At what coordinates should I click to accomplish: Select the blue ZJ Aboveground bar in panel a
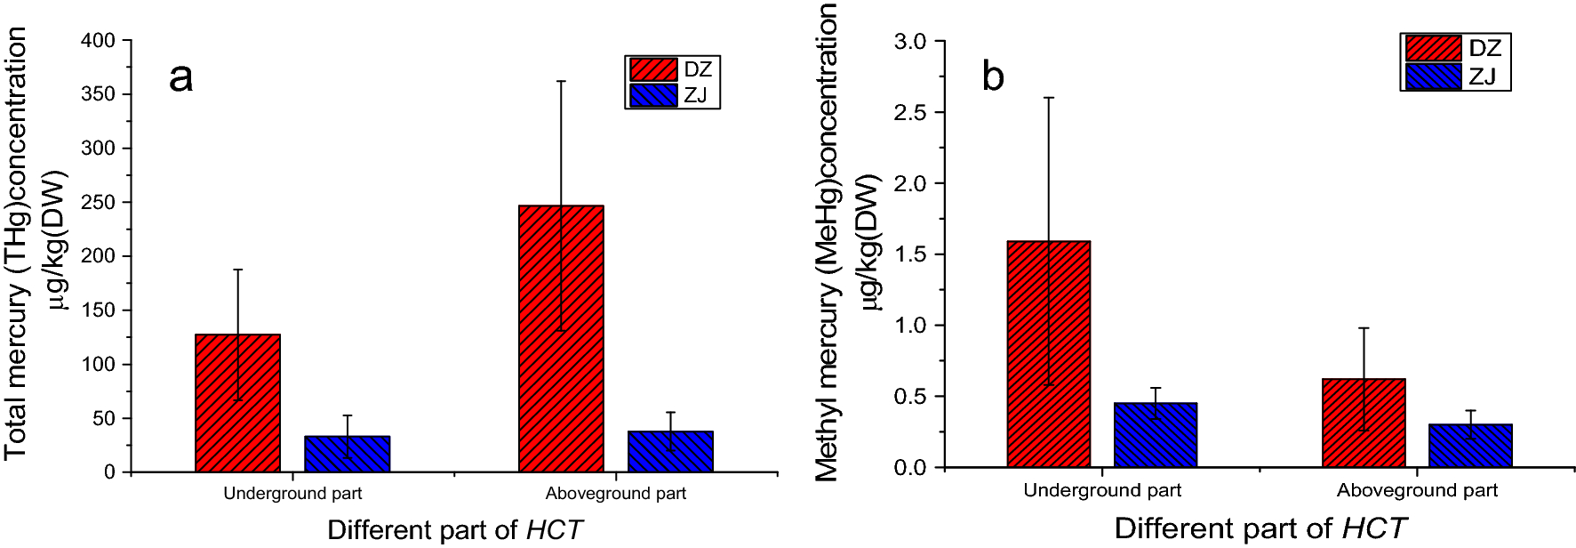point(670,451)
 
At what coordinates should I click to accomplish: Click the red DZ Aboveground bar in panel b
point(1364,423)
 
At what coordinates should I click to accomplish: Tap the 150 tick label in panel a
point(99,310)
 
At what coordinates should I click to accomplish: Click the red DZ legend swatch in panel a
point(653,69)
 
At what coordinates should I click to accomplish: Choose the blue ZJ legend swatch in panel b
point(1433,77)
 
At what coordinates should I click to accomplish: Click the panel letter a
point(180,77)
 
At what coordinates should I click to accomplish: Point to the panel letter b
point(993,77)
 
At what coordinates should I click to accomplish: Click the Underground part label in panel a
point(292,494)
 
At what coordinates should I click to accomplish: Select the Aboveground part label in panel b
point(1417,490)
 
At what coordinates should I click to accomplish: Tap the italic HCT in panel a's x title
point(554,530)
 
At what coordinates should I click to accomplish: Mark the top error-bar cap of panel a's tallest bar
point(561,81)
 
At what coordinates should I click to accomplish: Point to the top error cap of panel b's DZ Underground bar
point(1049,98)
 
